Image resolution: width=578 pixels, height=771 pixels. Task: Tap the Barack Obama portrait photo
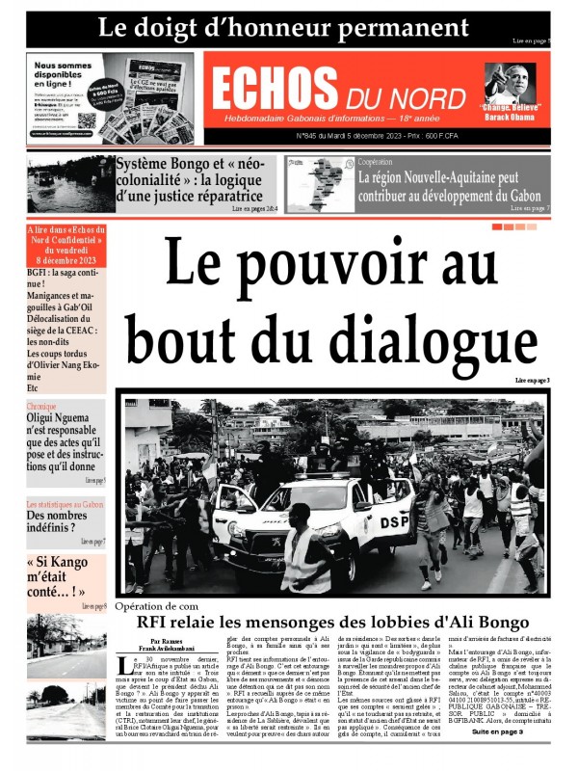coord(510,83)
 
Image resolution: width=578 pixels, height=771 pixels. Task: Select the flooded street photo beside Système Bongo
coord(69,183)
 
